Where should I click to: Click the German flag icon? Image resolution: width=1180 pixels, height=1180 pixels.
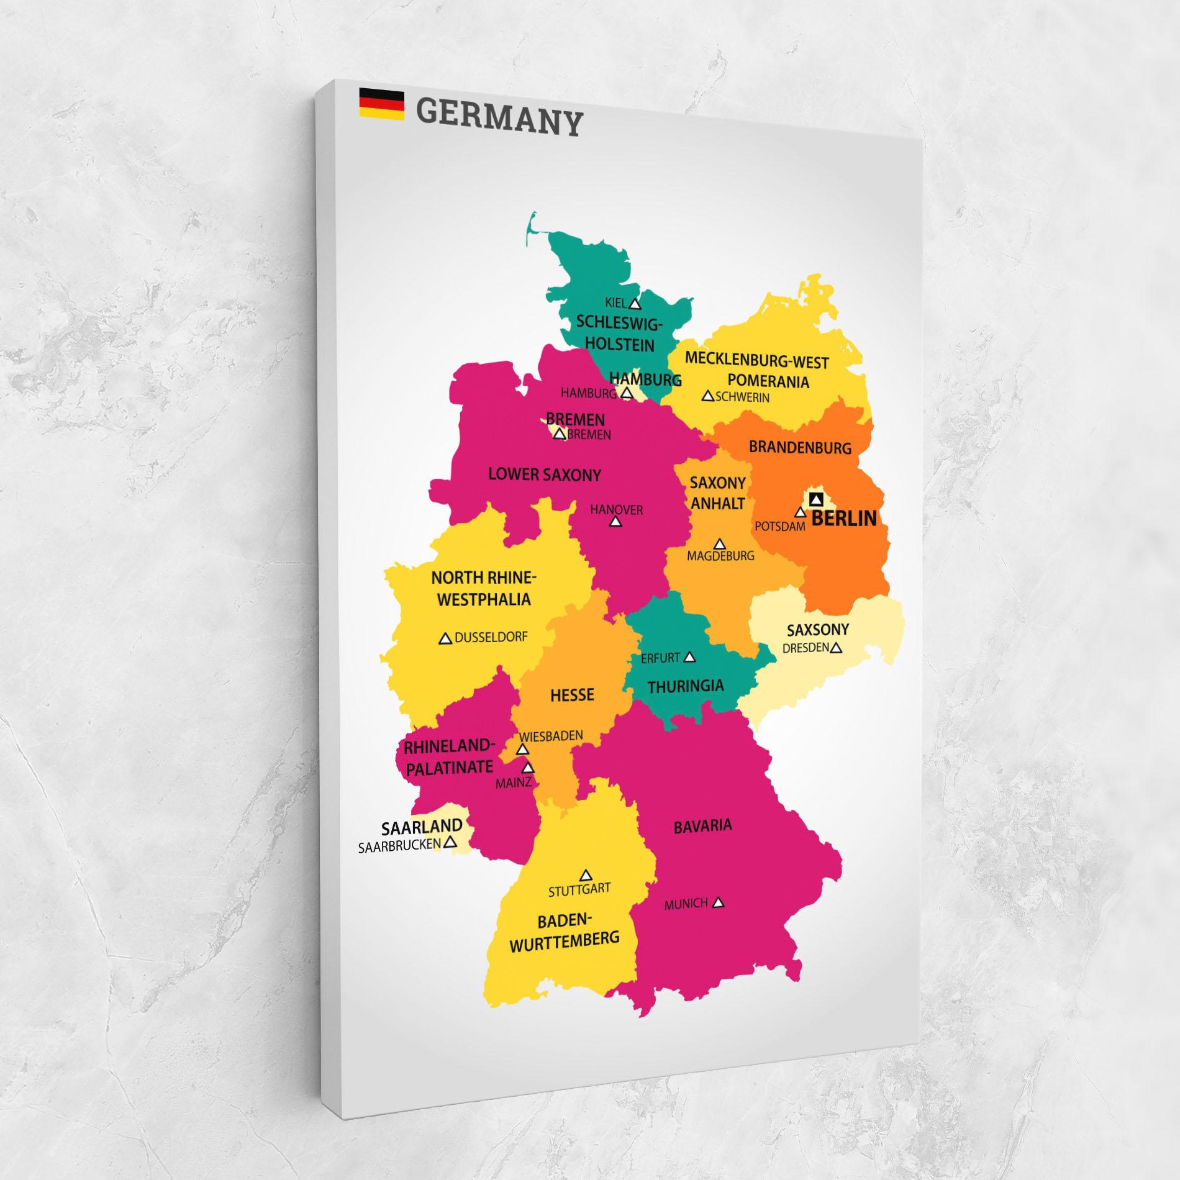pyautogui.click(x=381, y=104)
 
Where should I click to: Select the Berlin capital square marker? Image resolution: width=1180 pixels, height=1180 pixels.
pyautogui.click(x=816, y=499)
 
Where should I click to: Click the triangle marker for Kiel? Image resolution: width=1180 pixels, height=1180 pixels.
pyautogui.click(x=634, y=304)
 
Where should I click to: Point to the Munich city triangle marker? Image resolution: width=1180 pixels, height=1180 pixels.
pyautogui.click(x=718, y=902)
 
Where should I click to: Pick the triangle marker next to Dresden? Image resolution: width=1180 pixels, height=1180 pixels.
pyautogui.click(x=836, y=648)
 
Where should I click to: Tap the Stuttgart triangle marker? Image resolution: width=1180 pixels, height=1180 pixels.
pyautogui.click(x=585, y=876)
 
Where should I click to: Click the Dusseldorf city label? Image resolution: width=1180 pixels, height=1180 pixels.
pyautogui.click(x=491, y=637)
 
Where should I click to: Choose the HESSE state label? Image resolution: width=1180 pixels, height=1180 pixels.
pyautogui.click(x=572, y=694)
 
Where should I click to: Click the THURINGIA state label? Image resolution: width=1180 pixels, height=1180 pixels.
pyautogui.click(x=686, y=686)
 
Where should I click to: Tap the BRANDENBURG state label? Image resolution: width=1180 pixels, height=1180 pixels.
pyautogui.click(x=800, y=447)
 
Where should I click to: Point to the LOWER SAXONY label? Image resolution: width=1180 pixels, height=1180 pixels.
pyautogui.click(x=545, y=475)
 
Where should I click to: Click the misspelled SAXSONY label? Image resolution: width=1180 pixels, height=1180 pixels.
pyautogui.click(x=817, y=630)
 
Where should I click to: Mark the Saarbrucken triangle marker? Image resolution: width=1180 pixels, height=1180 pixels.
pyautogui.click(x=451, y=842)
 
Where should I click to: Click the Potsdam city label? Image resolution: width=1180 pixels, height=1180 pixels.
pyautogui.click(x=779, y=526)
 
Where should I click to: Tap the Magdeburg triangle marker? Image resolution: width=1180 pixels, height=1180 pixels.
pyautogui.click(x=719, y=545)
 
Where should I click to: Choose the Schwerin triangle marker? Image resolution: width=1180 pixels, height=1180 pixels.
pyautogui.click(x=707, y=396)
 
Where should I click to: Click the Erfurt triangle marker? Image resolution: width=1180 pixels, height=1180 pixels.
pyautogui.click(x=689, y=657)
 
